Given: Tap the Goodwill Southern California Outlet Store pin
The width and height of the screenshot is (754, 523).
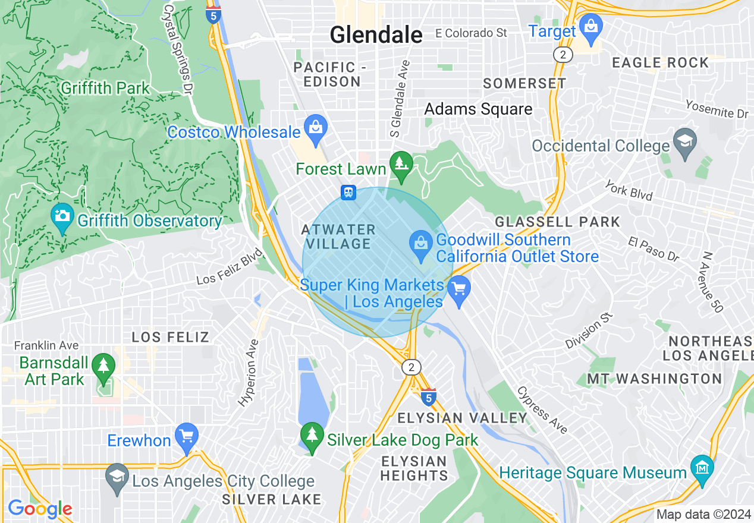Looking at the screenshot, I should pos(421,245).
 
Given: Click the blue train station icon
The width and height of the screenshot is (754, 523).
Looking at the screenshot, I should pos(348,193).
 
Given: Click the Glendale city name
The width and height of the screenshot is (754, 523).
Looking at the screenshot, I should pos(376,35).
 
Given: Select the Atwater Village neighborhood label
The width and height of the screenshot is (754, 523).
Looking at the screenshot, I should pos(338,237).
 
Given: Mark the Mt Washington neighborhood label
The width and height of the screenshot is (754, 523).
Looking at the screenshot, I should pos(654,379).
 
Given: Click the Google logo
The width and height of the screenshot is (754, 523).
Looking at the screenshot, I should pos(40,509).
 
